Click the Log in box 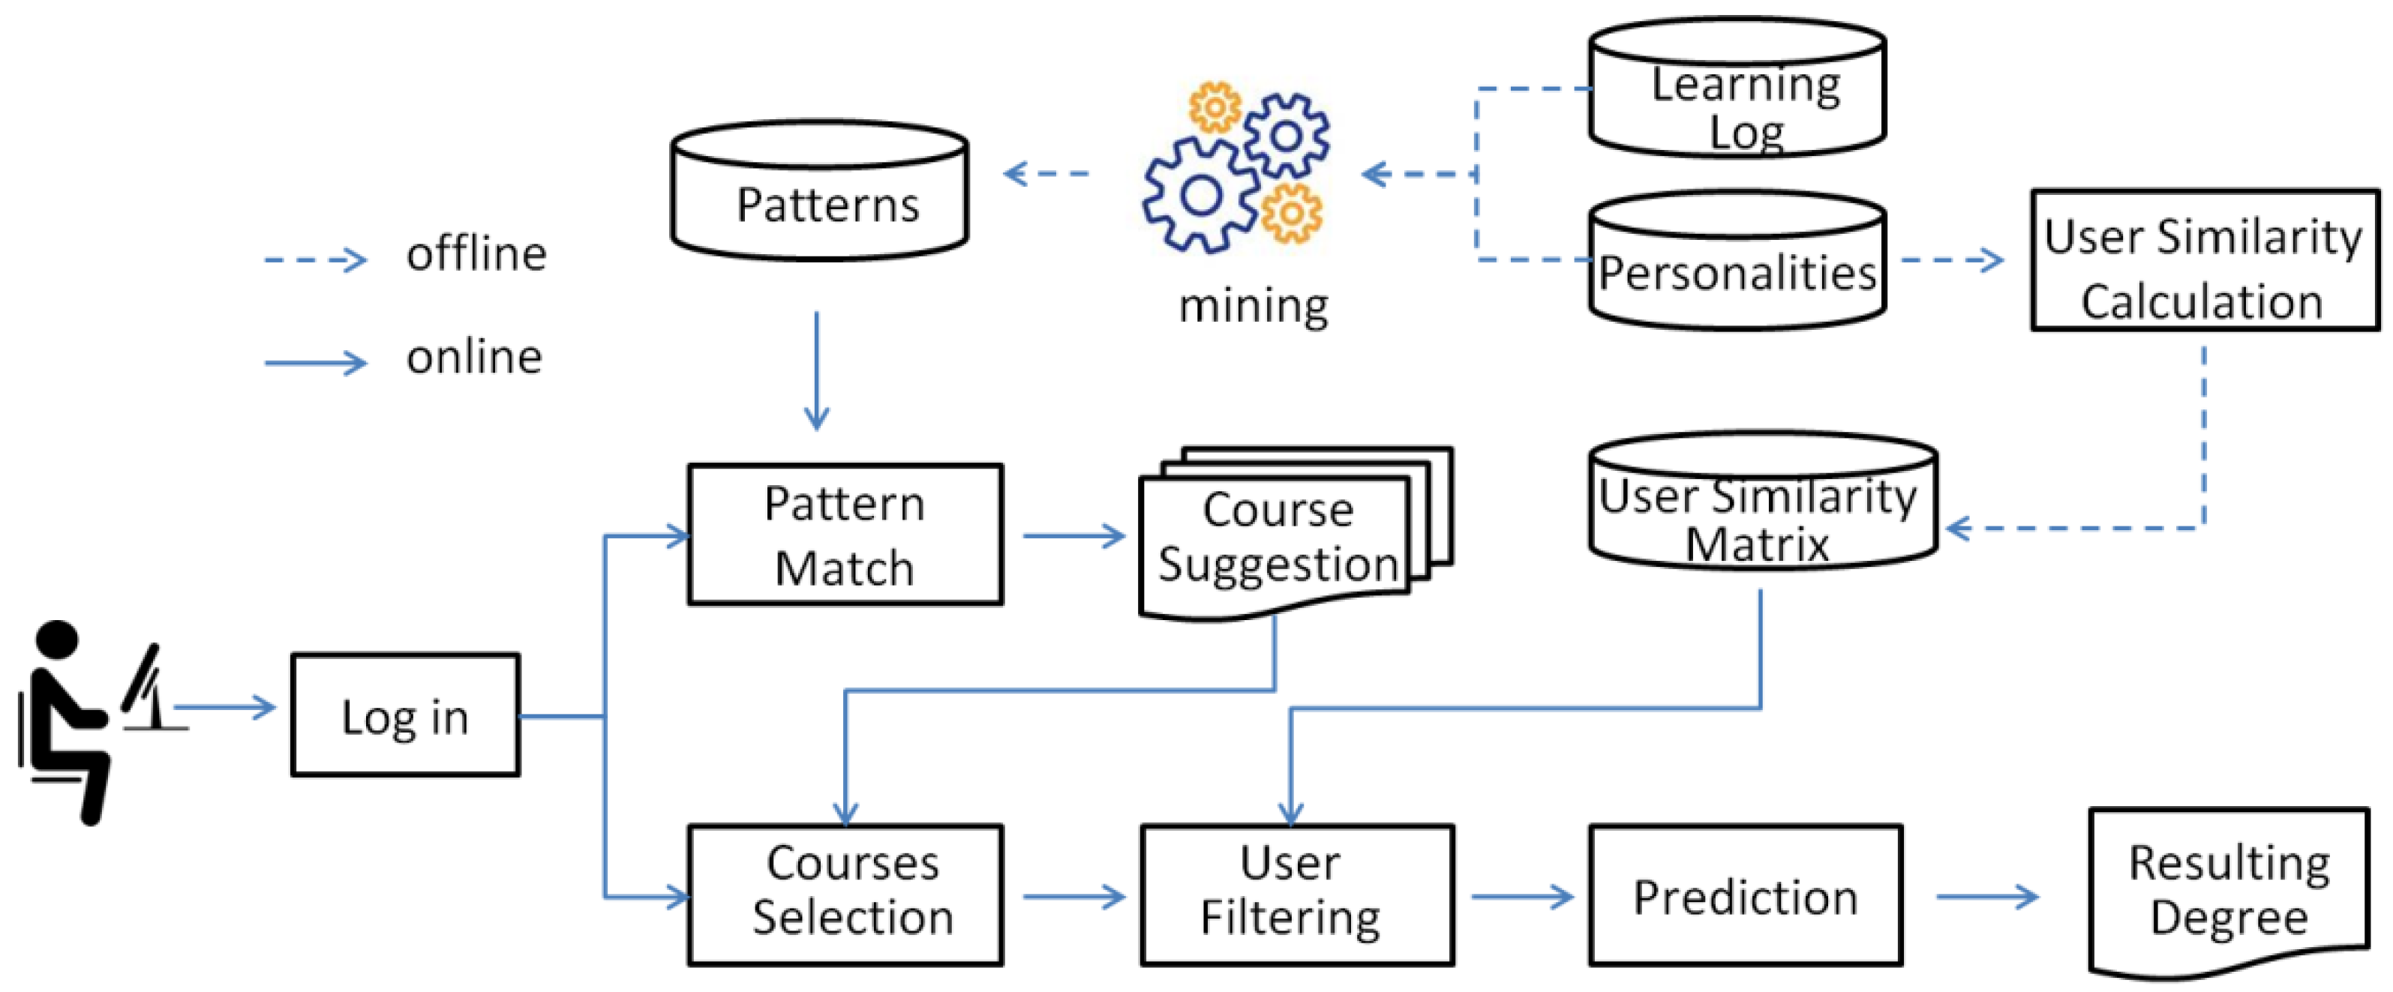point(405,715)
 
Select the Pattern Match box point(845,535)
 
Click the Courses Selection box point(845,895)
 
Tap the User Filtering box point(1297,895)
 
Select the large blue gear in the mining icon point(1200,195)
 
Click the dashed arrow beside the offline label point(316,259)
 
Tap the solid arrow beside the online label point(316,362)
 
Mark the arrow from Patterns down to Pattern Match point(817,372)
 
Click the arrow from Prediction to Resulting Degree point(1987,896)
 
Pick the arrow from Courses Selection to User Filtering point(1073,896)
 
